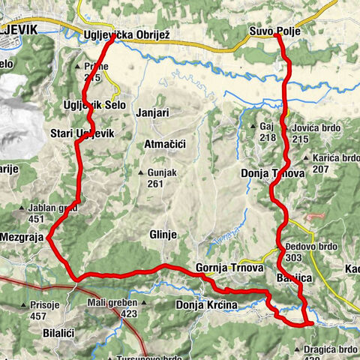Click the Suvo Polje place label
tap(274, 31)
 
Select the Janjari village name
tap(154, 113)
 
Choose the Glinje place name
tap(163, 234)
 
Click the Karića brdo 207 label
tap(332, 163)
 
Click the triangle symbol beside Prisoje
tap(25, 306)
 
